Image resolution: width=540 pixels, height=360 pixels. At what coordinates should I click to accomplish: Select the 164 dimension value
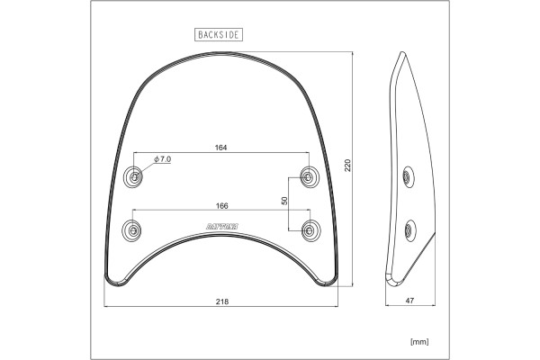pyautogui.click(x=220, y=147)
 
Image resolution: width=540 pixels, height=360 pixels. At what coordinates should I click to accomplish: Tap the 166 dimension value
pyautogui.click(x=220, y=205)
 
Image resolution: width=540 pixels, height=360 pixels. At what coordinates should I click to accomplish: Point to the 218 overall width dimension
pyautogui.click(x=220, y=303)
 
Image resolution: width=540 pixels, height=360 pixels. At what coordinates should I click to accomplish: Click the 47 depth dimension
pyautogui.click(x=410, y=303)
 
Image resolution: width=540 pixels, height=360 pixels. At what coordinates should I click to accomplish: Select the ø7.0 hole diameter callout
pyautogui.click(x=163, y=158)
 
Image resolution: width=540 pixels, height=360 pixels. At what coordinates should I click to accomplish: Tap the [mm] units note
pyautogui.click(x=418, y=341)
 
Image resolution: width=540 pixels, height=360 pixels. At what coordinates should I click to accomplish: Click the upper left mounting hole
pyautogui.click(x=134, y=175)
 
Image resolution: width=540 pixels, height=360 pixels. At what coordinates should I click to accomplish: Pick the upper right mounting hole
pyautogui.click(x=309, y=175)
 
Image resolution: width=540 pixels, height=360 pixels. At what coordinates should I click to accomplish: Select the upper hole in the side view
pyautogui.click(x=409, y=175)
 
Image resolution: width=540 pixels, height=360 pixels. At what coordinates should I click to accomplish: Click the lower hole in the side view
pyautogui.click(x=410, y=229)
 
